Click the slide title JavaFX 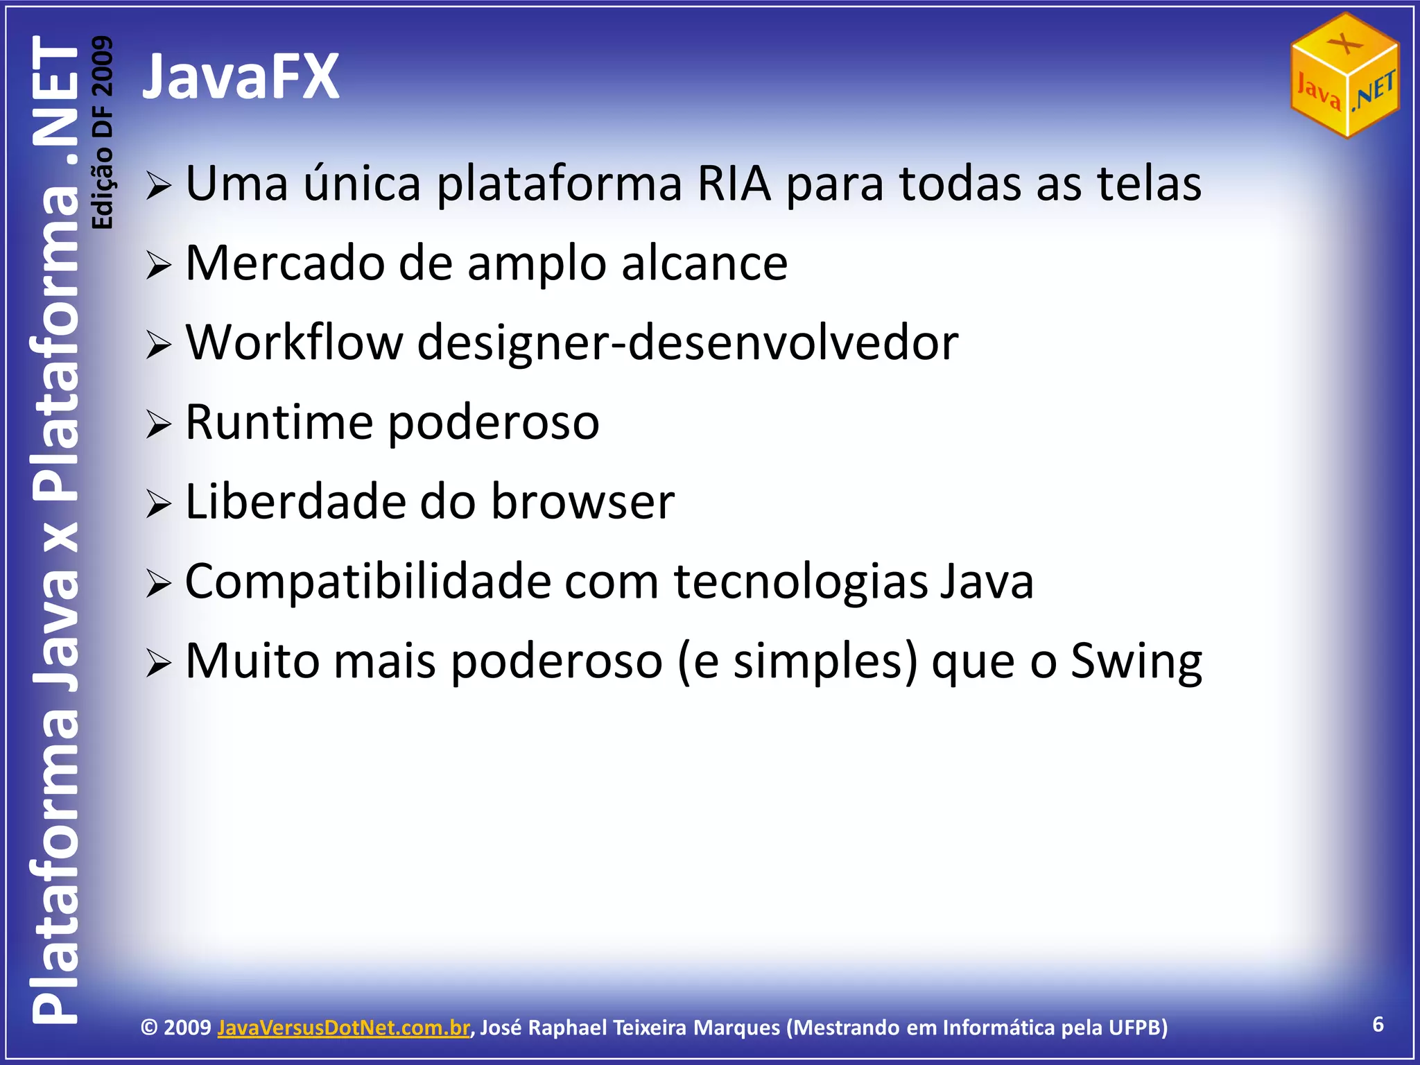pyautogui.click(x=241, y=76)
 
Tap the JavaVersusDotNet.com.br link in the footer pyautogui.click(x=343, y=1027)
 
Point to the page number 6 pyautogui.click(x=1378, y=1024)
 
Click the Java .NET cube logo pyautogui.click(x=1344, y=76)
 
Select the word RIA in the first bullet pyautogui.click(x=734, y=184)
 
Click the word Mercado pyautogui.click(x=284, y=263)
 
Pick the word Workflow pyautogui.click(x=294, y=343)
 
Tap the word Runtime pyautogui.click(x=279, y=422)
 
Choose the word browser pyautogui.click(x=582, y=501)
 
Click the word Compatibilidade pyautogui.click(x=367, y=581)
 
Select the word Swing pyautogui.click(x=1136, y=662)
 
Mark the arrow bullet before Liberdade pyautogui.click(x=158, y=504)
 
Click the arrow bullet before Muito pyautogui.click(x=158, y=664)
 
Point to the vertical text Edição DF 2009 pyautogui.click(x=102, y=132)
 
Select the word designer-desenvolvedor pyautogui.click(x=688, y=343)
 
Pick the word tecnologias pyautogui.click(x=801, y=581)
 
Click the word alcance pyautogui.click(x=704, y=263)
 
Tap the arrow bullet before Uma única pyautogui.click(x=158, y=186)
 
